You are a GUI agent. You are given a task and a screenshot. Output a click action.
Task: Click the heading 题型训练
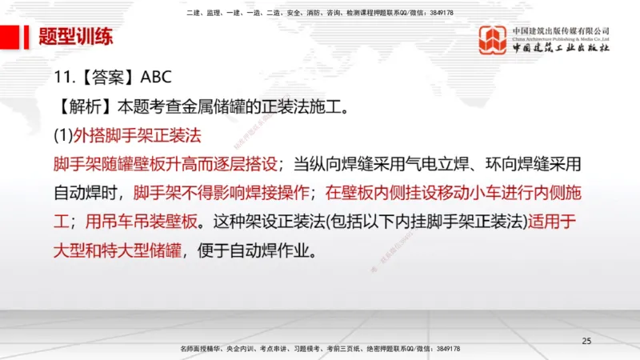[x=76, y=38]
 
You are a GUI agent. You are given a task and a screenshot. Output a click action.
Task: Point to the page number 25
[x=586, y=342]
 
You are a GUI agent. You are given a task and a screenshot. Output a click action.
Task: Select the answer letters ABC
[x=156, y=78]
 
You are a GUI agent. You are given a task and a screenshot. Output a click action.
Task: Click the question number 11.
[x=65, y=78]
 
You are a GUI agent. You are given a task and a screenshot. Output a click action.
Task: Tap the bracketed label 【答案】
[x=107, y=78]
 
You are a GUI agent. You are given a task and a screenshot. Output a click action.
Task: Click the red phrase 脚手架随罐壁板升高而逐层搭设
[x=165, y=164]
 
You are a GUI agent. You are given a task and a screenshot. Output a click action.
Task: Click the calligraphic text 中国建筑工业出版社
[x=561, y=49]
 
